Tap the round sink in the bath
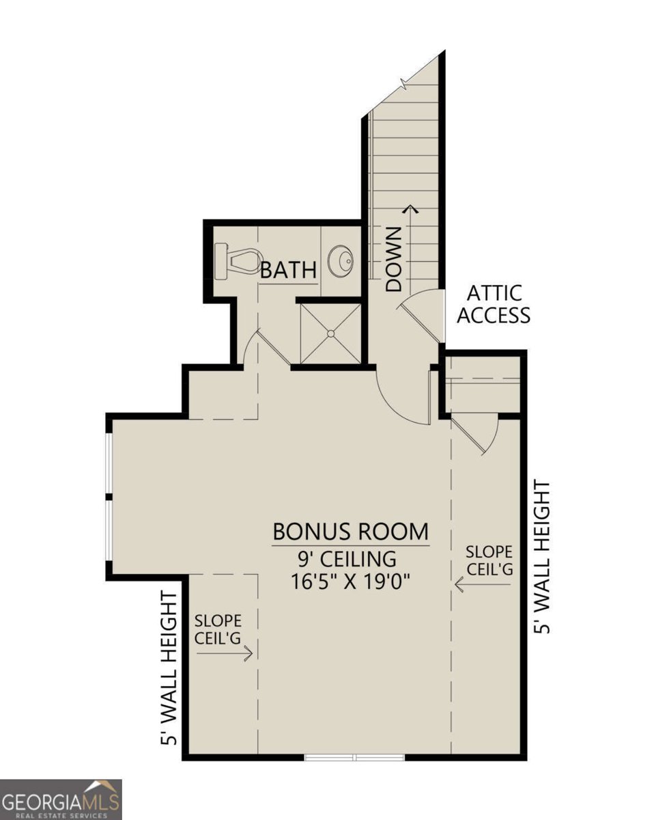(x=341, y=260)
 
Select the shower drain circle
(x=330, y=333)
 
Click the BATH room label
(x=288, y=270)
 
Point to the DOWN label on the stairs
(x=393, y=260)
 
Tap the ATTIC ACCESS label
(x=494, y=305)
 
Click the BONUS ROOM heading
(x=350, y=532)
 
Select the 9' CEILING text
(x=347, y=559)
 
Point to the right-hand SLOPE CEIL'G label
(x=489, y=560)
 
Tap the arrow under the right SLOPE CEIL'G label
(x=483, y=584)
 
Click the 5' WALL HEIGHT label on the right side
(x=542, y=558)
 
